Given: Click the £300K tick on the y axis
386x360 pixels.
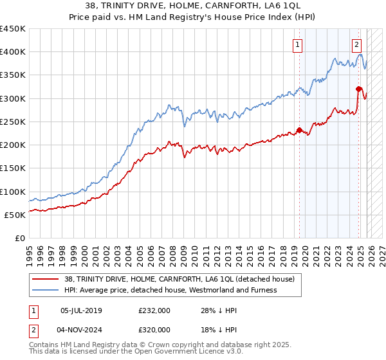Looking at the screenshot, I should [x=13, y=98].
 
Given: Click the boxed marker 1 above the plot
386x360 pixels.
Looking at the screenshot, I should [x=299, y=44].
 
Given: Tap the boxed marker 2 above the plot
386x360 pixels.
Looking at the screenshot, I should [x=356, y=44].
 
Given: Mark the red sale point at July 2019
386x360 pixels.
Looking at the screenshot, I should [x=299, y=130].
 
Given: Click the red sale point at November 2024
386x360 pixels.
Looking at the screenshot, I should [x=358, y=89].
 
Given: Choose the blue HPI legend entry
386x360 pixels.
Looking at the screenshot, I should [x=170, y=290].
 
